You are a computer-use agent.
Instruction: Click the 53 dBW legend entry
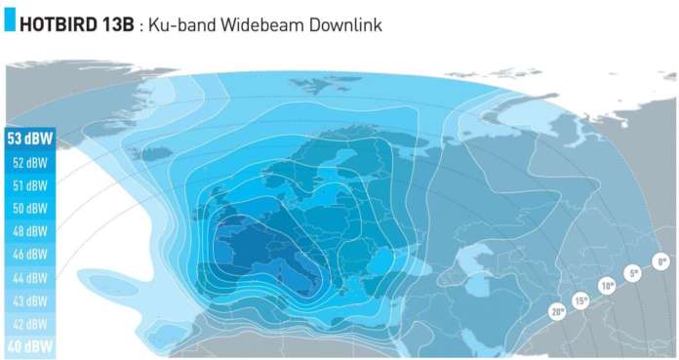[29, 139]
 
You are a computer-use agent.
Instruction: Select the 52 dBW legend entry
[29, 162]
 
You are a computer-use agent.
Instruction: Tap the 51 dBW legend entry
[29, 185]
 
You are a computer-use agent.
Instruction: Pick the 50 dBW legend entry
[29, 209]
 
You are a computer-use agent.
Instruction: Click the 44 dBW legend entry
[29, 278]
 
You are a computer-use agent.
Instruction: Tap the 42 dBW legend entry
[29, 324]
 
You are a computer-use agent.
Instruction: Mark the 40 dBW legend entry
[29, 346]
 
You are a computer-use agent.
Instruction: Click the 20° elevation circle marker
[557, 313]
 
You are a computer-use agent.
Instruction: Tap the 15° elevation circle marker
[581, 301]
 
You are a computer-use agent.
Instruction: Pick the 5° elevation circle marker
[633, 274]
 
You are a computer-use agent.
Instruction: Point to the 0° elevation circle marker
[661, 261]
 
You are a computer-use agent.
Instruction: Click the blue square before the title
[10, 23]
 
